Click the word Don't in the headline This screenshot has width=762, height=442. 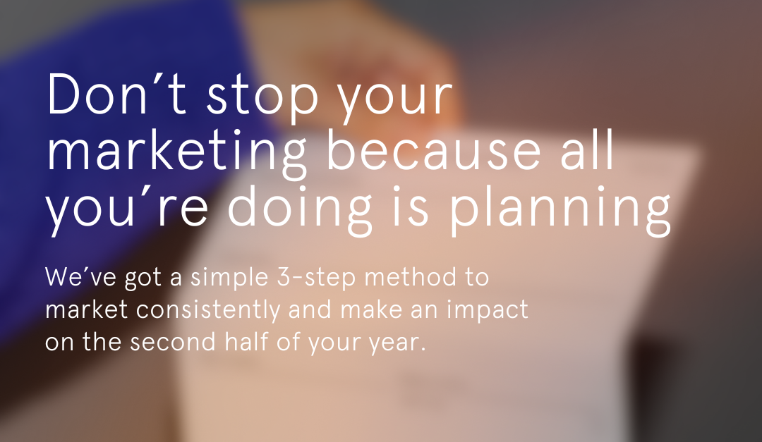tap(116, 94)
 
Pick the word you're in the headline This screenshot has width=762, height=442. tap(127, 210)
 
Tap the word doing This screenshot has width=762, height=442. tap(299, 210)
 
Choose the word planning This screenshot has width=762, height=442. tap(558, 210)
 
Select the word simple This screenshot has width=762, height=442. tap(229, 278)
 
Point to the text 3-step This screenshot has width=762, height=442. tap(317, 278)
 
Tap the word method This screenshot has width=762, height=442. tap(411, 276)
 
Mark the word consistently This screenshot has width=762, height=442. tap(208, 311)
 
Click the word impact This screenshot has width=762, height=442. tap(487, 311)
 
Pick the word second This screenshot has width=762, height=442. tap(172, 341)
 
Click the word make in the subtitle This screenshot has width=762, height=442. tap(371, 309)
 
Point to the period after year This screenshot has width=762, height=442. tap(423, 350)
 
